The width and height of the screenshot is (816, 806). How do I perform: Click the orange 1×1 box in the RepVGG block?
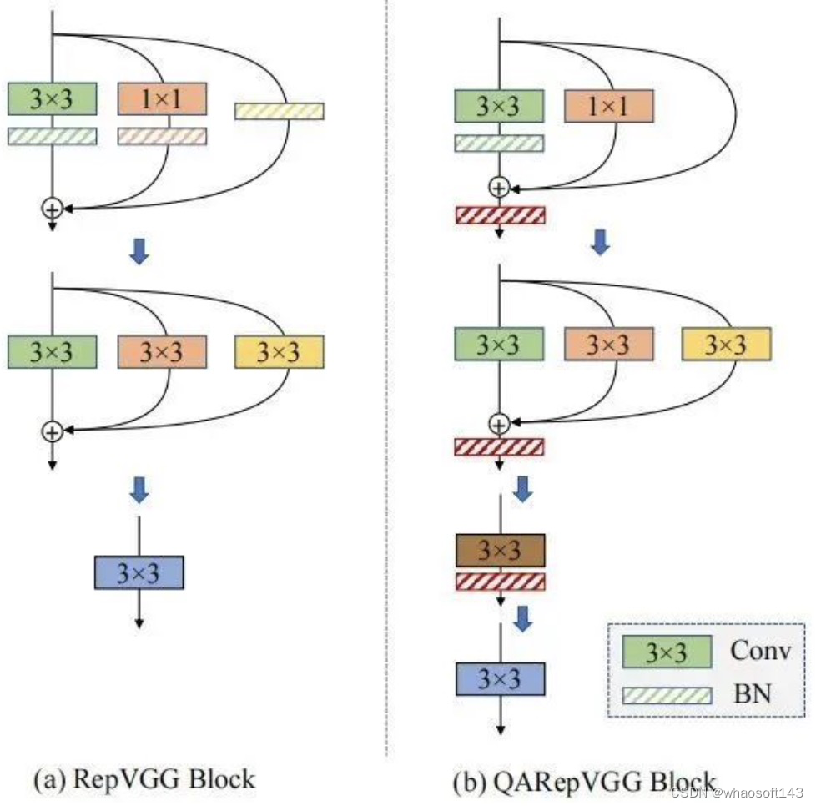tap(162, 98)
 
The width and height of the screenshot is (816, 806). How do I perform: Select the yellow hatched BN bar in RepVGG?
tap(280, 111)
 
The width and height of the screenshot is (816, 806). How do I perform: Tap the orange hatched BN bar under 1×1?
tap(162, 136)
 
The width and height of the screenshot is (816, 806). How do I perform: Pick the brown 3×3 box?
tap(500, 551)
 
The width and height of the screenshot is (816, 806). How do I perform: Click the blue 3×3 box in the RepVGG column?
tap(139, 572)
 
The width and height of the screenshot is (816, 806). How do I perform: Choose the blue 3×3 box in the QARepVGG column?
tap(500, 679)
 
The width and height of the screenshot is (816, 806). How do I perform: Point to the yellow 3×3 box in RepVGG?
tap(280, 352)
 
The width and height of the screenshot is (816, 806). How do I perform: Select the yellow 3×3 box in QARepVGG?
tap(726, 344)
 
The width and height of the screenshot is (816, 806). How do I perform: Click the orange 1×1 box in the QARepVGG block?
tap(608, 106)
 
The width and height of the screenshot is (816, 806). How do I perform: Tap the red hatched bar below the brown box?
tap(500, 581)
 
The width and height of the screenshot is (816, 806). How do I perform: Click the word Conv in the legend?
tap(759, 650)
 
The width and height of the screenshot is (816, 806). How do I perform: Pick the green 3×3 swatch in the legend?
tap(667, 652)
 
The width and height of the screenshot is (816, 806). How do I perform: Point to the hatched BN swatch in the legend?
tap(667, 695)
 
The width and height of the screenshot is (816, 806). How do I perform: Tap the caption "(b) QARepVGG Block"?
tap(584, 783)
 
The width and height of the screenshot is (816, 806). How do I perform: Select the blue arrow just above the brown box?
tap(523, 490)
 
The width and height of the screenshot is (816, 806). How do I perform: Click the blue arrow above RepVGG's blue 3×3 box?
tap(139, 491)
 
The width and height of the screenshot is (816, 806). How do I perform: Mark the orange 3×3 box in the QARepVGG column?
tap(608, 344)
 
